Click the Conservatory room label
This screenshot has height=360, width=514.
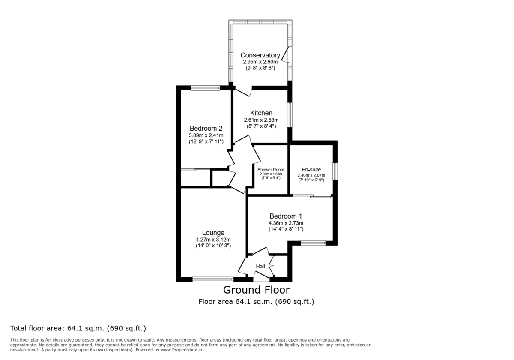tap(260, 55)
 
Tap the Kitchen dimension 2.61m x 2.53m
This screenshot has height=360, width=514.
tap(261, 120)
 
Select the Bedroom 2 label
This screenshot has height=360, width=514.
tap(206, 128)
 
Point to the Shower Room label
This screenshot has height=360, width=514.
tap(271, 170)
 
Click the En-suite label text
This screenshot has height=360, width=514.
tap(311, 170)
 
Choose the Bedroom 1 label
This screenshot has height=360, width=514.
tap(286, 216)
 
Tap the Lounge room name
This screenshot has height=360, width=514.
tap(213, 233)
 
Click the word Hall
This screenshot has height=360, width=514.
tap(260, 267)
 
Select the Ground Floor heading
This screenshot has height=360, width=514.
tap(256, 290)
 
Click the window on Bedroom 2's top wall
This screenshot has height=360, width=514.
tap(205, 88)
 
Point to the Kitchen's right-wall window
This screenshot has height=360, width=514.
tap(290, 115)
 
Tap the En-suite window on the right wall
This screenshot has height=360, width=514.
tap(335, 171)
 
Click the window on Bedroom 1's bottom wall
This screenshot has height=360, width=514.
tap(313, 243)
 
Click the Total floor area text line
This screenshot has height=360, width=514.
tap(78, 329)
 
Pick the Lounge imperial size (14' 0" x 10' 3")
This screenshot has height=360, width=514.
tap(213, 246)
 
